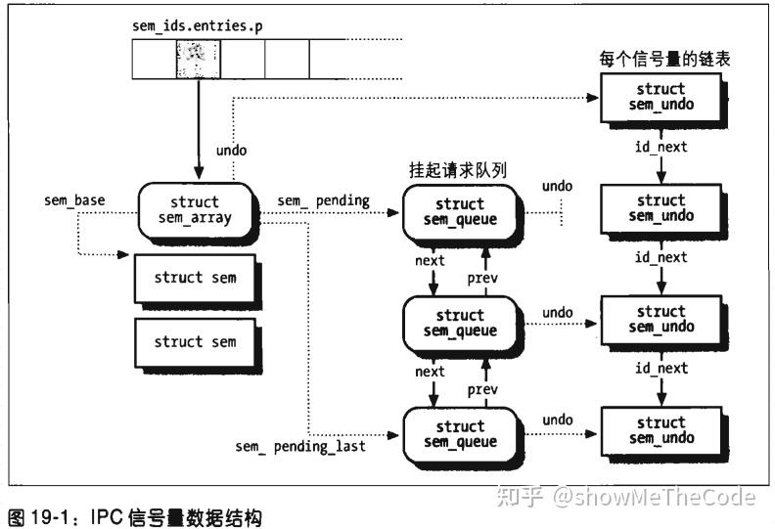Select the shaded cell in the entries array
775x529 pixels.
point(198,59)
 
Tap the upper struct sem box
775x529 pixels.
point(195,278)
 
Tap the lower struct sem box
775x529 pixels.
point(195,342)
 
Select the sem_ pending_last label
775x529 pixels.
point(300,447)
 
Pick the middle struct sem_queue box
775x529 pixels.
point(460,324)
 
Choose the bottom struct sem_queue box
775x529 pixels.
point(460,434)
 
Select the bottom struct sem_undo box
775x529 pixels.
point(661,430)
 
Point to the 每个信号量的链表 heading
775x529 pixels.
point(664,59)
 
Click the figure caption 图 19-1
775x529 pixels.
point(134,515)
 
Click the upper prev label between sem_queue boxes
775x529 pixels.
point(482,278)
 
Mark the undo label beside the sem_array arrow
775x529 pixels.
point(231,151)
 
